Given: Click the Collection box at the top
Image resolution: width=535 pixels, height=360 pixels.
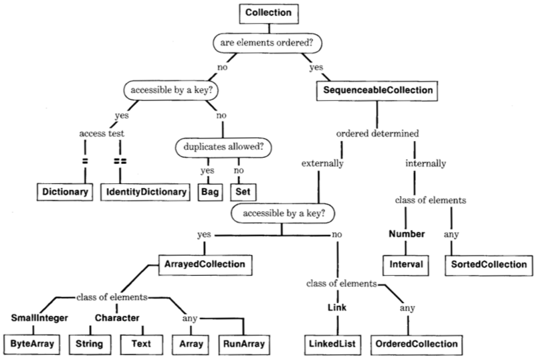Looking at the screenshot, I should pos(267,13).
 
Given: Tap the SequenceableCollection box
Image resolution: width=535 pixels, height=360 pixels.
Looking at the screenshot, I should pos(368,90).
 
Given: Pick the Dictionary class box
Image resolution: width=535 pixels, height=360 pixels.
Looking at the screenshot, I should pos(65,192).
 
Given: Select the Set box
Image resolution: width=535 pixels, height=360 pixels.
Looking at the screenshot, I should pos(243,192).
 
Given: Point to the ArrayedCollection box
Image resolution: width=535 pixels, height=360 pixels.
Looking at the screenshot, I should pos(201,265).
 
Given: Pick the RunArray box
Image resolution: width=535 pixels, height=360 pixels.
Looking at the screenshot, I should pos(243,344).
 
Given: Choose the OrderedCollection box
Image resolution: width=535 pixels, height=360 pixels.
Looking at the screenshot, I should pos(416,344).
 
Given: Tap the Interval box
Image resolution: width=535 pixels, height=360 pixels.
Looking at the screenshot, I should pos(407,265).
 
